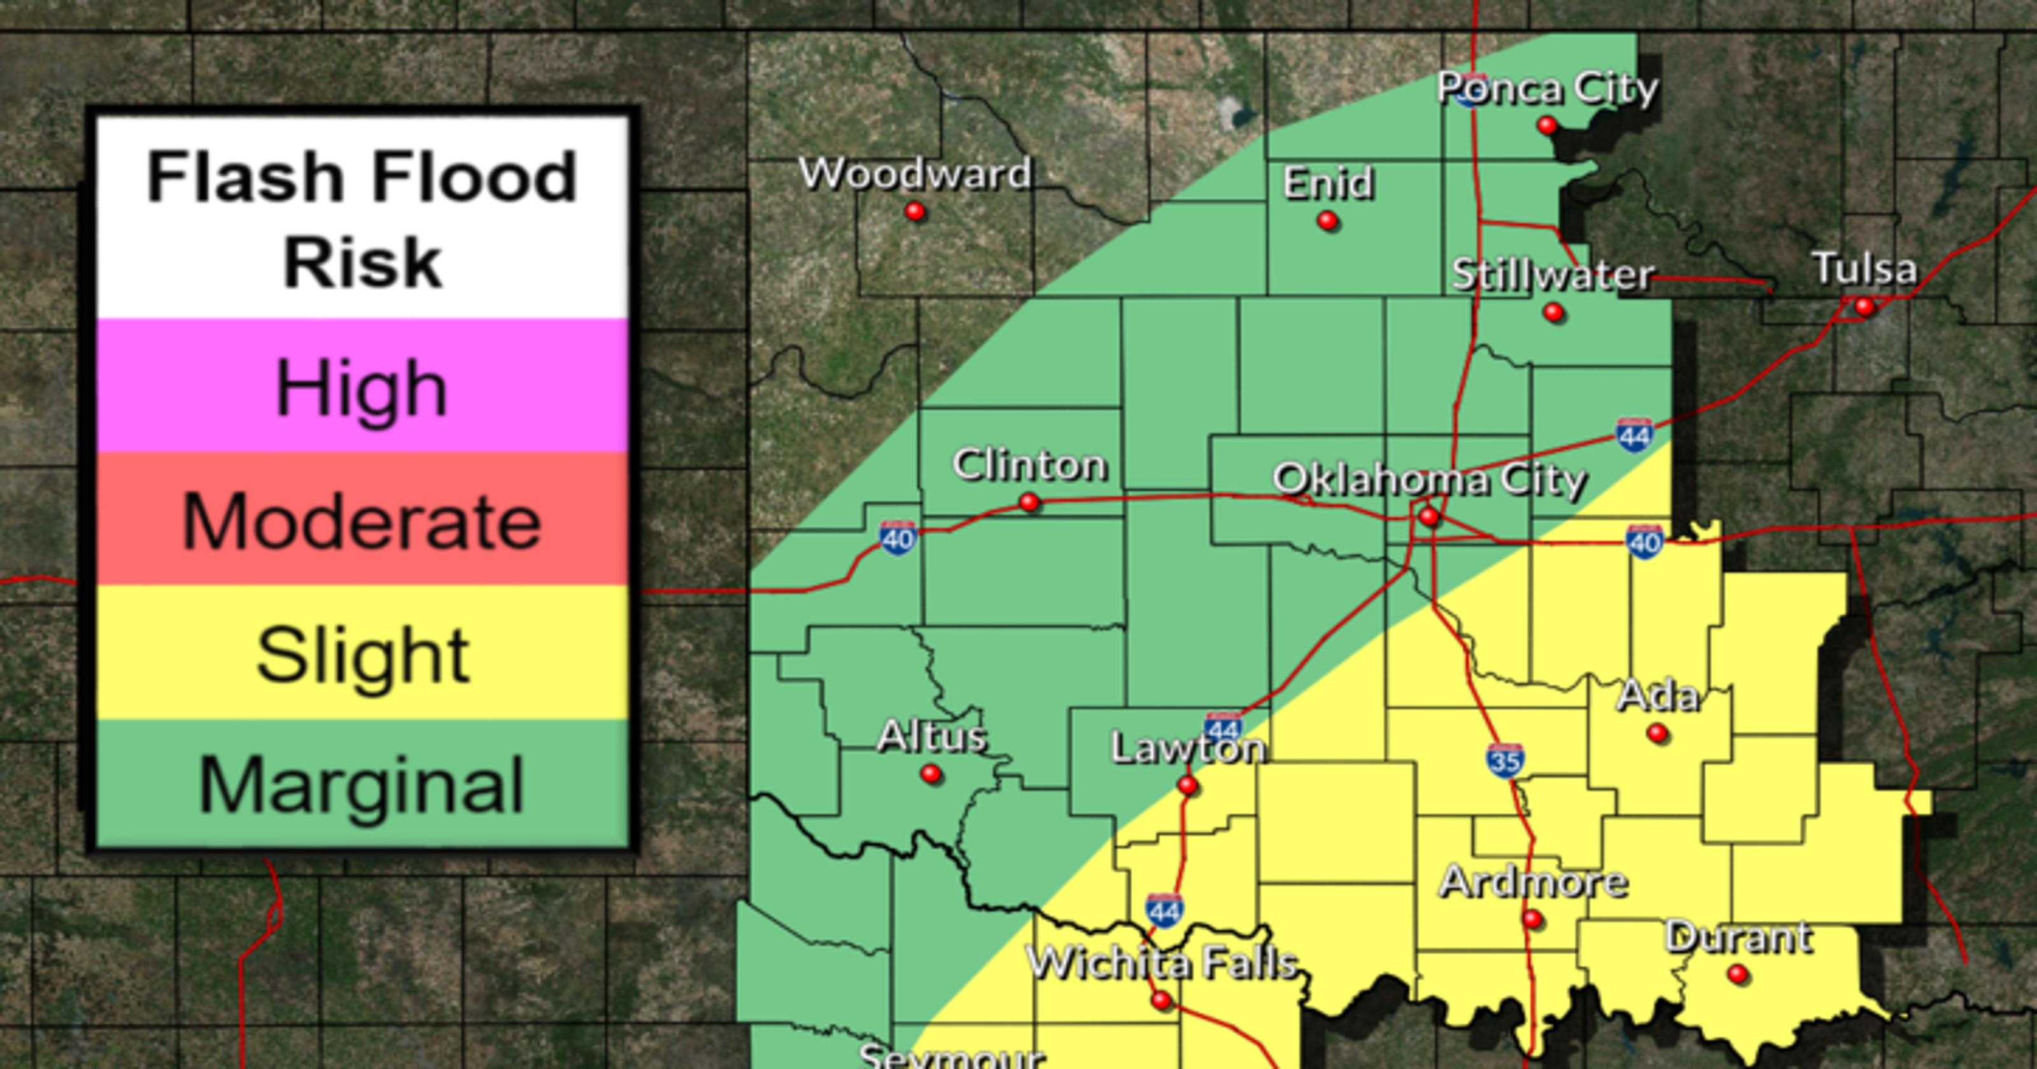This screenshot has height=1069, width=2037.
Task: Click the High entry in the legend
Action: [x=362, y=387]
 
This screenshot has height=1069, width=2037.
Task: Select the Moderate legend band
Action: [x=362, y=521]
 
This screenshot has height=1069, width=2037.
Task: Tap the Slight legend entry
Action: [x=362, y=654]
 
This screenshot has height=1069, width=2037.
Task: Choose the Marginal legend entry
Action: [x=362, y=785]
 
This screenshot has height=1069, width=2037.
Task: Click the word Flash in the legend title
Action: [x=247, y=177]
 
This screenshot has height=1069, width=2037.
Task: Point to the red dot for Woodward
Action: [x=915, y=212]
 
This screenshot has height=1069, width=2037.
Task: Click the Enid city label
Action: [x=1328, y=183]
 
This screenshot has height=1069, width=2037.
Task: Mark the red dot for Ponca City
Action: [x=1547, y=125]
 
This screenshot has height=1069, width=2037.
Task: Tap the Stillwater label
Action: [x=1553, y=274]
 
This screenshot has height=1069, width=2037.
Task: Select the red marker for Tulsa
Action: [x=1864, y=306]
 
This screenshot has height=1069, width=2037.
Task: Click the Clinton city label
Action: [x=1029, y=465]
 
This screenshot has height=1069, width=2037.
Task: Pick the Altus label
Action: [x=931, y=737]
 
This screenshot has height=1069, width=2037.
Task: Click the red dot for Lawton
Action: [x=1187, y=785]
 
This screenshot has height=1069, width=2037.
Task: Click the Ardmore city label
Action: [x=1532, y=882]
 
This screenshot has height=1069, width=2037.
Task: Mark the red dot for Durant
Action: [x=1737, y=974]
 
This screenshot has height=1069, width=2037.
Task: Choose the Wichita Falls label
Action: [x=1162, y=963]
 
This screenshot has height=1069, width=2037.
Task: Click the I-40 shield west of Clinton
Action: [x=898, y=538]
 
